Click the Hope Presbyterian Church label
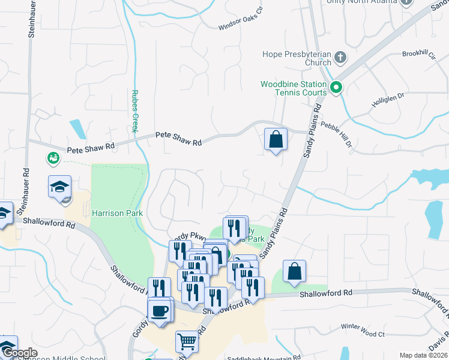pyautogui.click(x=297, y=58)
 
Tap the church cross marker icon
pyautogui.click(x=340, y=58)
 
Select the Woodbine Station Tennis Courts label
pyautogui.click(x=294, y=88)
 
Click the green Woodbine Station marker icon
pyautogui.click(x=337, y=88)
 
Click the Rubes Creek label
pyautogui.click(x=135, y=112)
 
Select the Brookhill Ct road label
pyautogui.click(x=418, y=54)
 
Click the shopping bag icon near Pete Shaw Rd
pyautogui.click(x=276, y=139)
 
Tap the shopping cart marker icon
pyautogui.click(x=187, y=342)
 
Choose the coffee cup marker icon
pyautogui.click(x=160, y=311)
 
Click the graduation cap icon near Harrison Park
pyautogui.click(x=59, y=187)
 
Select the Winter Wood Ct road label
pyautogui.click(x=362, y=327)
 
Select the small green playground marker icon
pyautogui.click(x=53, y=158)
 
